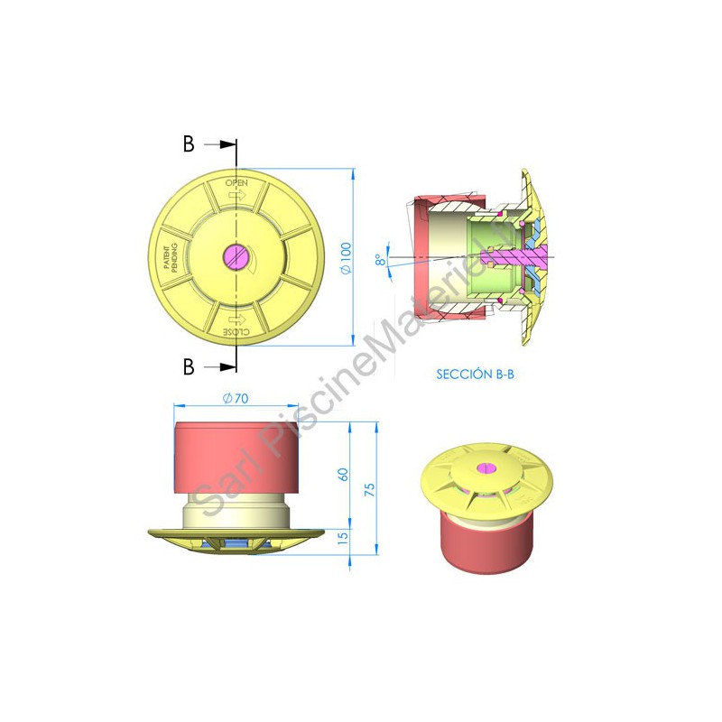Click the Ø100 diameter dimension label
click(x=346, y=258)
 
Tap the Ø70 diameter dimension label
click(x=236, y=398)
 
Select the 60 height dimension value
click(x=344, y=475)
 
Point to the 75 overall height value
click(x=370, y=489)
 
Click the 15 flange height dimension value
click(x=344, y=537)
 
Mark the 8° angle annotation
click(x=380, y=260)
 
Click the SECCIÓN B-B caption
click(x=475, y=375)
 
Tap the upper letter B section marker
click(x=189, y=144)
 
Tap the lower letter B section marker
click(x=189, y=367)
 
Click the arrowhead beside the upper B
click(x=228, y=144)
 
